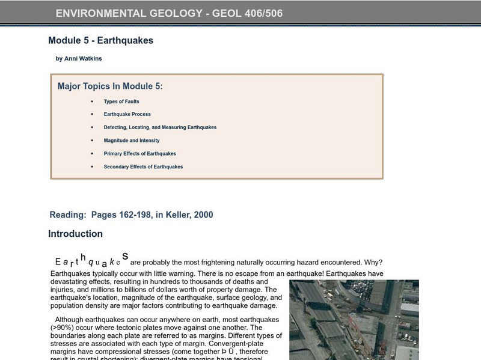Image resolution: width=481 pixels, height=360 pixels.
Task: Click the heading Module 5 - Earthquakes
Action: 100,41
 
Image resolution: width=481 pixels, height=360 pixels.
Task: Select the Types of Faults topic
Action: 121,102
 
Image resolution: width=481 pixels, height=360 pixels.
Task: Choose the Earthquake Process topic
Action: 127,114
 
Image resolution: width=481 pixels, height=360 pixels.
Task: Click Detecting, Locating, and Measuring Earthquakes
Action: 160,127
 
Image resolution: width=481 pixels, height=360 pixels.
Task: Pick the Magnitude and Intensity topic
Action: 132,141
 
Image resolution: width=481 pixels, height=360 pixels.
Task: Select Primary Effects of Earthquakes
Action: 139,154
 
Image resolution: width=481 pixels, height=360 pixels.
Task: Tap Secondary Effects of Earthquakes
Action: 143,167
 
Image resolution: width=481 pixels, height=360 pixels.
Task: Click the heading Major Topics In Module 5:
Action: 110,87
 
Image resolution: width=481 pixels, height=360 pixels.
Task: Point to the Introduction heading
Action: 75,234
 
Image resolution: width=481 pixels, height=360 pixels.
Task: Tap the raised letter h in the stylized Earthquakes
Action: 83,256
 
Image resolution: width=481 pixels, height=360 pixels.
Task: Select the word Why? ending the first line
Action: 372,262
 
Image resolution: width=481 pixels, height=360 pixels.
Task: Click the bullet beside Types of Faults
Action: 92,102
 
